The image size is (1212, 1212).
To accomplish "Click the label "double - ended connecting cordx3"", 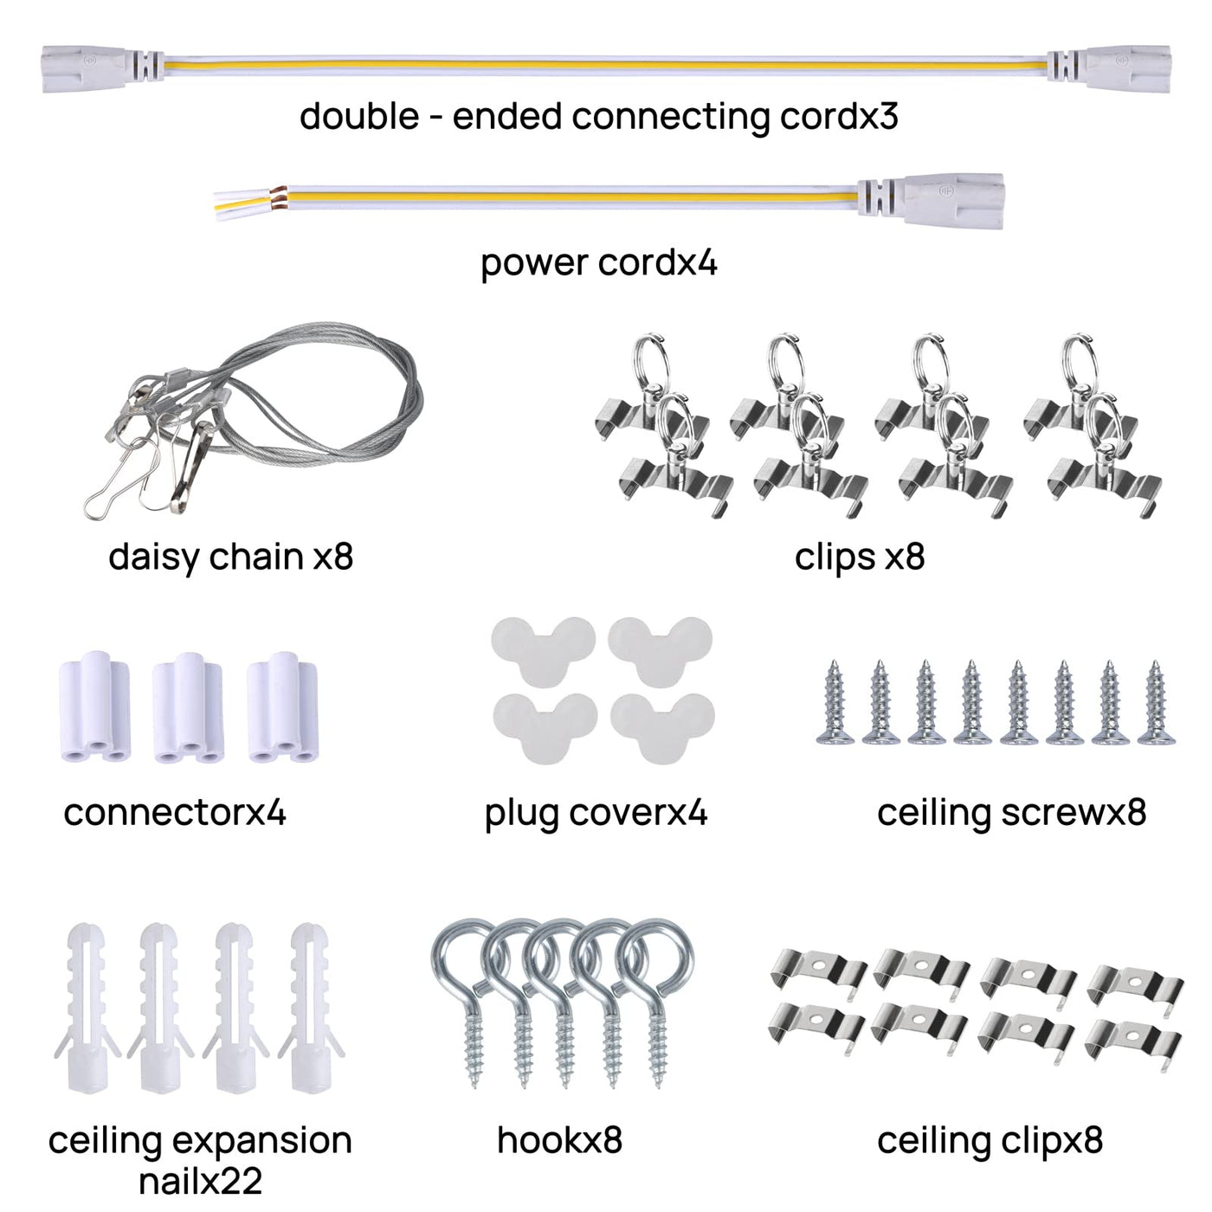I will (x=599, y=116).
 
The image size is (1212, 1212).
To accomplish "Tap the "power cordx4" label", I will (x=599, y=262).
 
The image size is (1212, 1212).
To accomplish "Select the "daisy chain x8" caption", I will (x=231, y=557).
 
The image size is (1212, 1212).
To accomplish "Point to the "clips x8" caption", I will (x=860, y=557).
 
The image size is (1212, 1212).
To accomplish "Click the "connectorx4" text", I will (x=175, y=813).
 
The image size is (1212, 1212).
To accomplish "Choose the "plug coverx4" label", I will (x=596, y=813).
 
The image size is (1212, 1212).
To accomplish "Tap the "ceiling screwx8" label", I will (x=1011, y=813).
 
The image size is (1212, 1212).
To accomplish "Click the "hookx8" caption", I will (x=560, y=1140).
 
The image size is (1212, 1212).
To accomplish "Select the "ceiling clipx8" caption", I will (x=990, y=1140).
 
